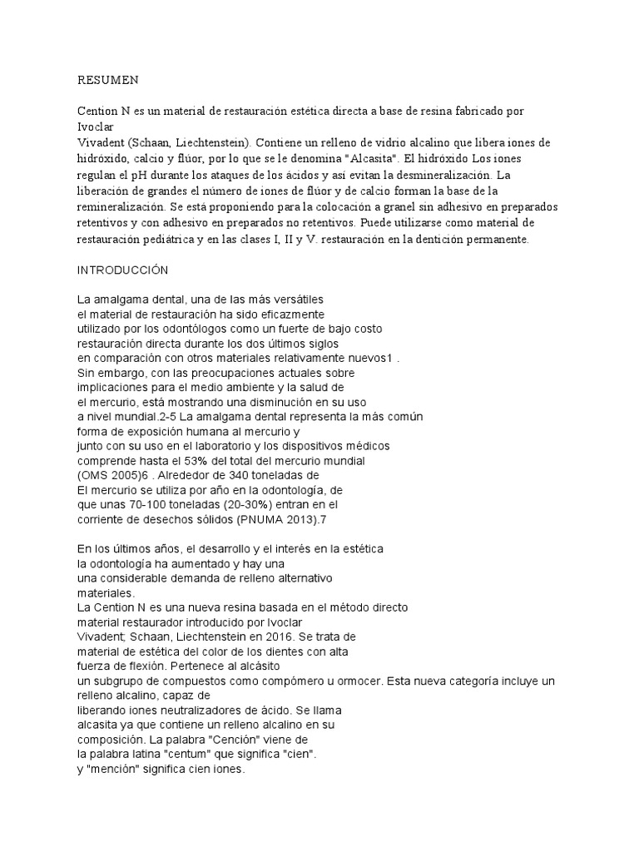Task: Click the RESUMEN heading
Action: point(108,80)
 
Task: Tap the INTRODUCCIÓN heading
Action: point(123,270)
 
